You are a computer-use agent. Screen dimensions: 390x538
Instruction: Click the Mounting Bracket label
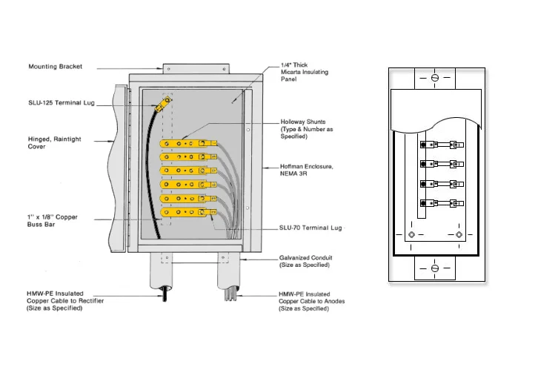click(56, 67)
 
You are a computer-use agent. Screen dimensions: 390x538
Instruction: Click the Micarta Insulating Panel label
click(304, 73)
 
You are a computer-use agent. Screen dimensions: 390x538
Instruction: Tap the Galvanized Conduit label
click(305, 261)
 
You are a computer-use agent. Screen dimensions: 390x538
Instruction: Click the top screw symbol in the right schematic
click(435, 78)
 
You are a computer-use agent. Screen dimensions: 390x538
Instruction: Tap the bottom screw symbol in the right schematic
click(435, 268)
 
